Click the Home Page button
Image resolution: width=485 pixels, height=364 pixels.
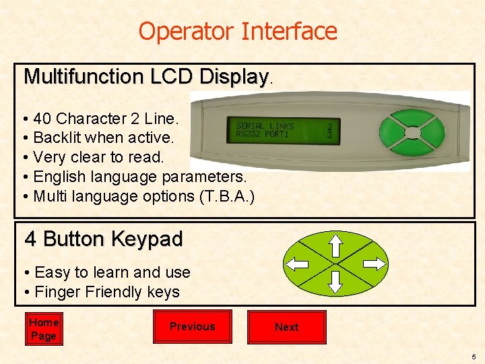pos(44,329)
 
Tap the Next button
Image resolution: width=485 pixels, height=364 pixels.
pos(287,327)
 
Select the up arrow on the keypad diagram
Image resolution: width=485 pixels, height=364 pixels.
pos(335,246)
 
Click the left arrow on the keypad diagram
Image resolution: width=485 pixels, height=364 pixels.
pos(297,264)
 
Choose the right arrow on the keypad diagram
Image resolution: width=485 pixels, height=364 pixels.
pos(375,264)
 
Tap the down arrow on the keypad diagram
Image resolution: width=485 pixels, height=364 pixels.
pos(335,282)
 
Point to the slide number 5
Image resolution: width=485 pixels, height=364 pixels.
pos(474,357)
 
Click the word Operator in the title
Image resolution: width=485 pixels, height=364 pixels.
pos(186,31)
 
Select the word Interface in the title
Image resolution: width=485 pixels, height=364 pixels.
pos(289,30)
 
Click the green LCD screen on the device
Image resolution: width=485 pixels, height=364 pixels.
pos(284,130)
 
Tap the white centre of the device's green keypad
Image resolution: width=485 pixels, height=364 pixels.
pos(413,133)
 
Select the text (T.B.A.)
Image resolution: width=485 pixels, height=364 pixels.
pos(227,196)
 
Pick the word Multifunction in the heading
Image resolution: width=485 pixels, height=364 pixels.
pos(84,75)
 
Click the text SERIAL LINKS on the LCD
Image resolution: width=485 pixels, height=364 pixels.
pos(265,126)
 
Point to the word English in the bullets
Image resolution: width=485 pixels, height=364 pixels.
pos(60,177)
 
